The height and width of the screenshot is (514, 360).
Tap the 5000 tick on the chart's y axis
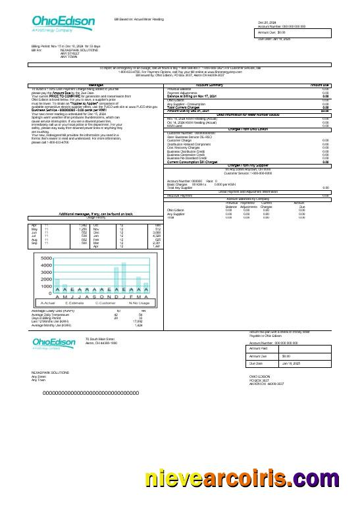click(47, 258)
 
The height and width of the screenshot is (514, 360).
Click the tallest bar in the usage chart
click(124, 278)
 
